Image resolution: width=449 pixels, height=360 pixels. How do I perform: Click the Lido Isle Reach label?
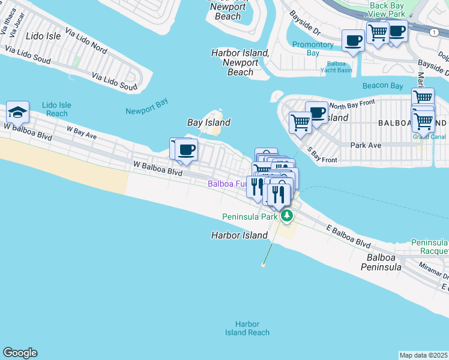pyautogui.click(x=56, y=109)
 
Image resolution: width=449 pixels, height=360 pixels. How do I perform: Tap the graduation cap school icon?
pyautogui.click(x=17, y=112)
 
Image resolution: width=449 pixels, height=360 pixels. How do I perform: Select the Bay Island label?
pyautogui.click(x=209, y=122)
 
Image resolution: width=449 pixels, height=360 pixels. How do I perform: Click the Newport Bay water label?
pyautogui.click(x=146, y=110)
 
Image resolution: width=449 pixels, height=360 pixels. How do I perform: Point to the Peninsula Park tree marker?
pyautogui.click(x=287, y=215)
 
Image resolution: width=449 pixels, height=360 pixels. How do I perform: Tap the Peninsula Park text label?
pyautogui.click(x=249, y=217)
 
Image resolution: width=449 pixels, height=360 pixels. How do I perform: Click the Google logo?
pyautogui.click(x=20, y=353)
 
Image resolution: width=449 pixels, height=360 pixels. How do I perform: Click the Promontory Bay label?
pyautogui.click(x=313, y=49)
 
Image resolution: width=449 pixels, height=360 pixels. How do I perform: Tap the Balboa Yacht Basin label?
pyautogui.click(x=340, y=67)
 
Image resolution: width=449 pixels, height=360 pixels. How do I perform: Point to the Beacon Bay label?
pyautogui.click(x=382, y=86)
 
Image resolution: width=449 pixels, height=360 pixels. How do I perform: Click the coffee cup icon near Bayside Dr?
pyautogui.click(x=353, y=41)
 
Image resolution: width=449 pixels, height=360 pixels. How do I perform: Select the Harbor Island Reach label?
pyautogui.click(x=247, y=328)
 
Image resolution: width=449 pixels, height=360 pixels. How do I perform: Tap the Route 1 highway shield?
pyautogui.click(x=432, y=34)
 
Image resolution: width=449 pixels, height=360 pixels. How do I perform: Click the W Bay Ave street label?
pyautogui.click(x=82, y=131)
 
